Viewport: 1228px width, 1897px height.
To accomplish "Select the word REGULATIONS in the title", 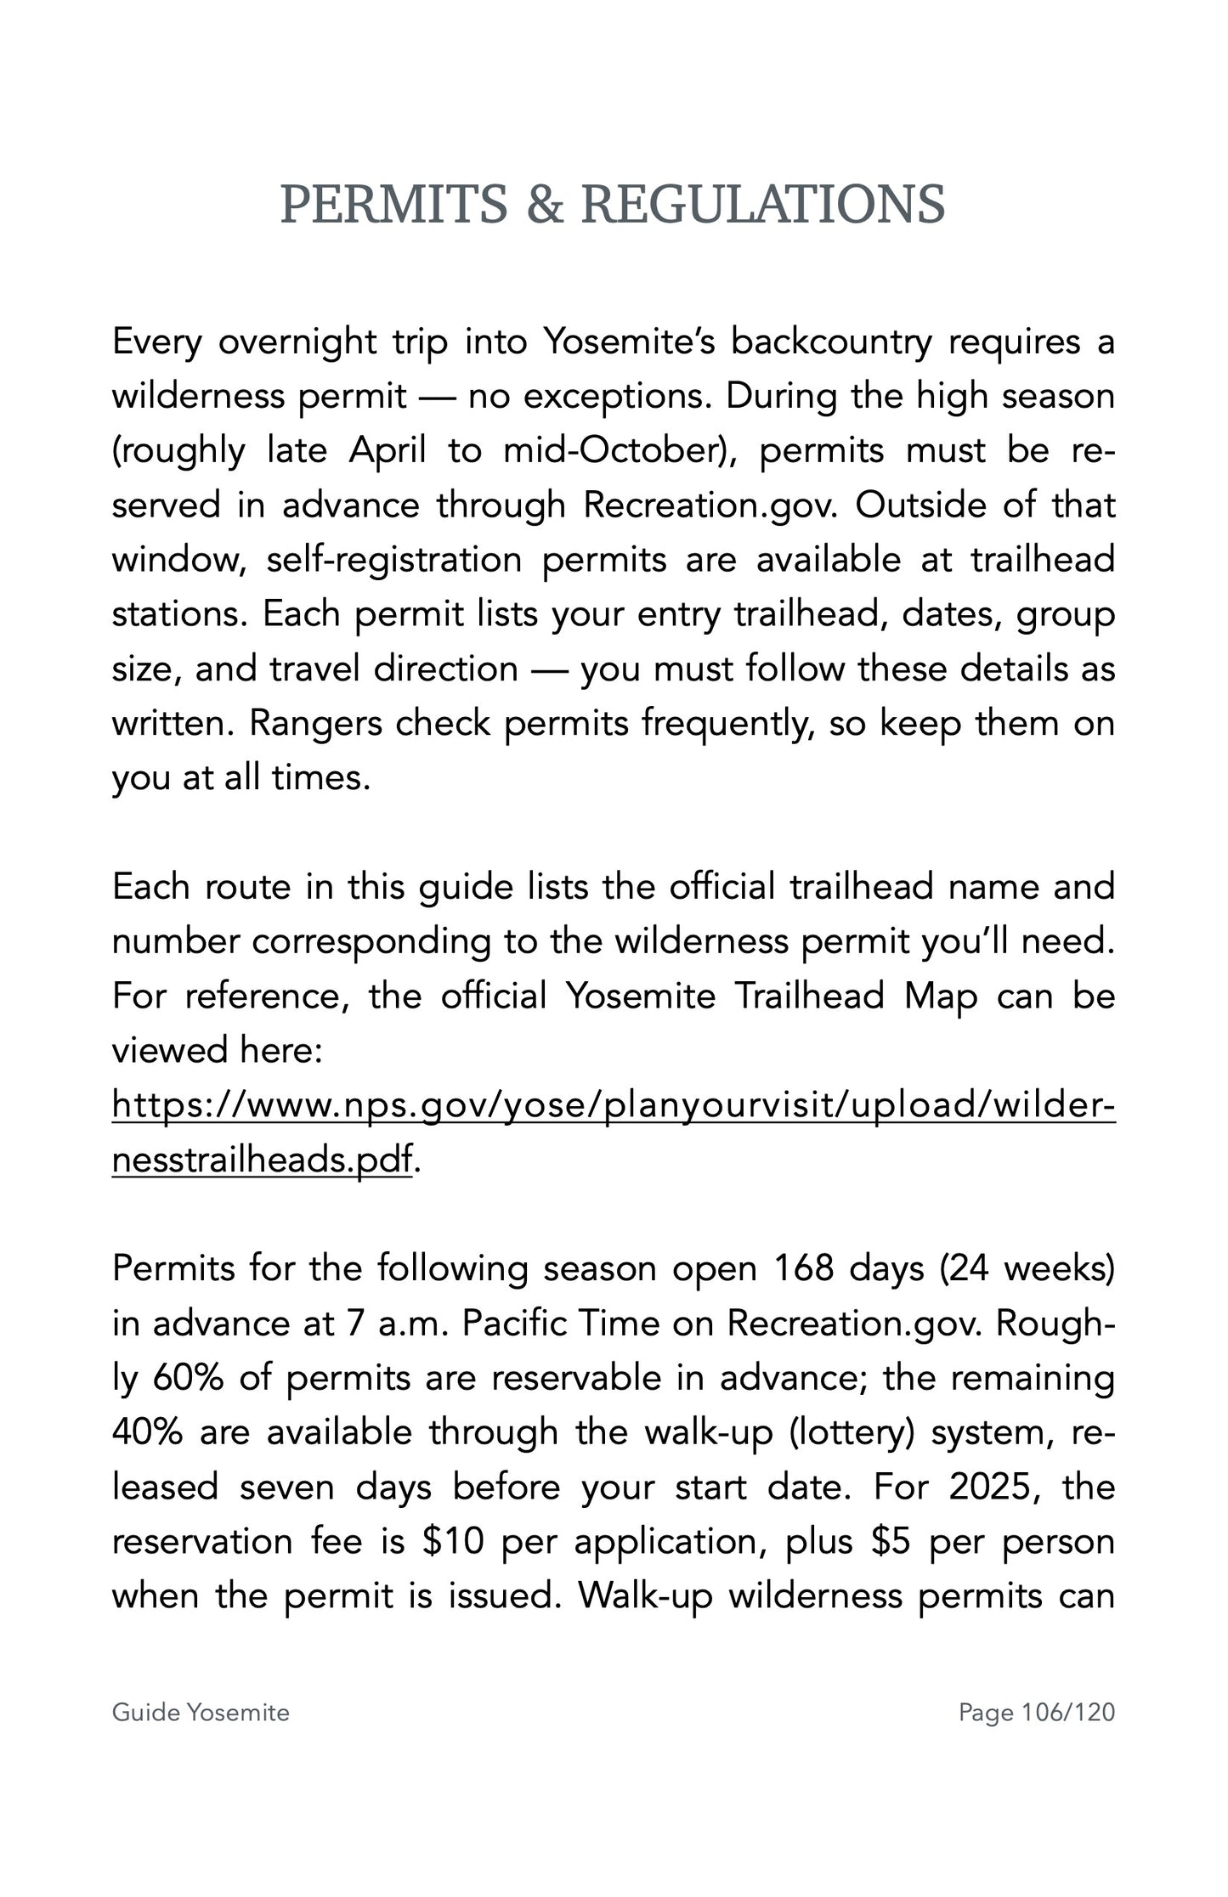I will (762, 206).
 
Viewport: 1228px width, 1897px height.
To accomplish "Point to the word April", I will (388, 450).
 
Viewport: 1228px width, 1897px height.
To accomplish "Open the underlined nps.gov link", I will (612, 1105).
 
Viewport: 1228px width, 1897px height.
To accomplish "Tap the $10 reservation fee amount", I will (452, 1541).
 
